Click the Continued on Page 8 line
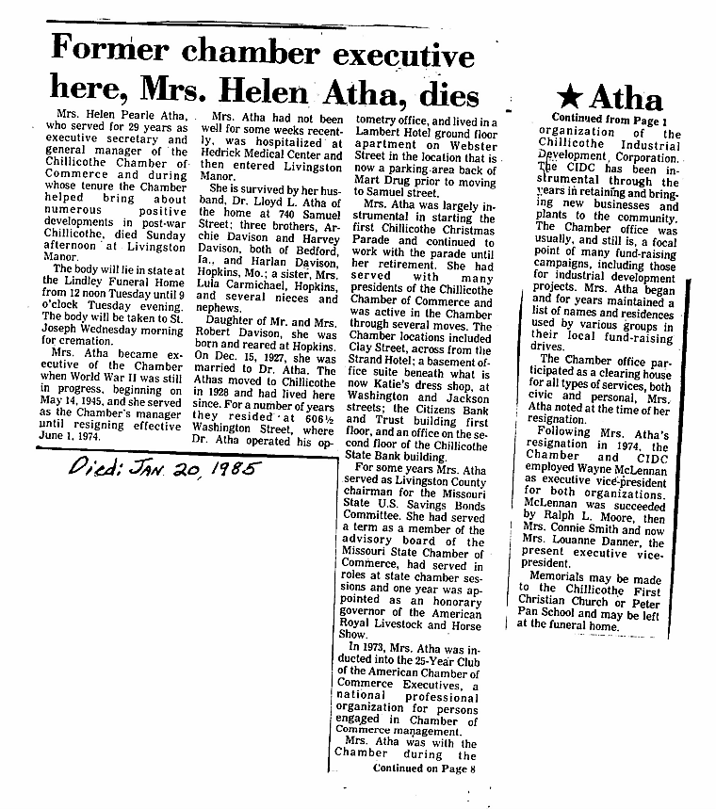(425, 769)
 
